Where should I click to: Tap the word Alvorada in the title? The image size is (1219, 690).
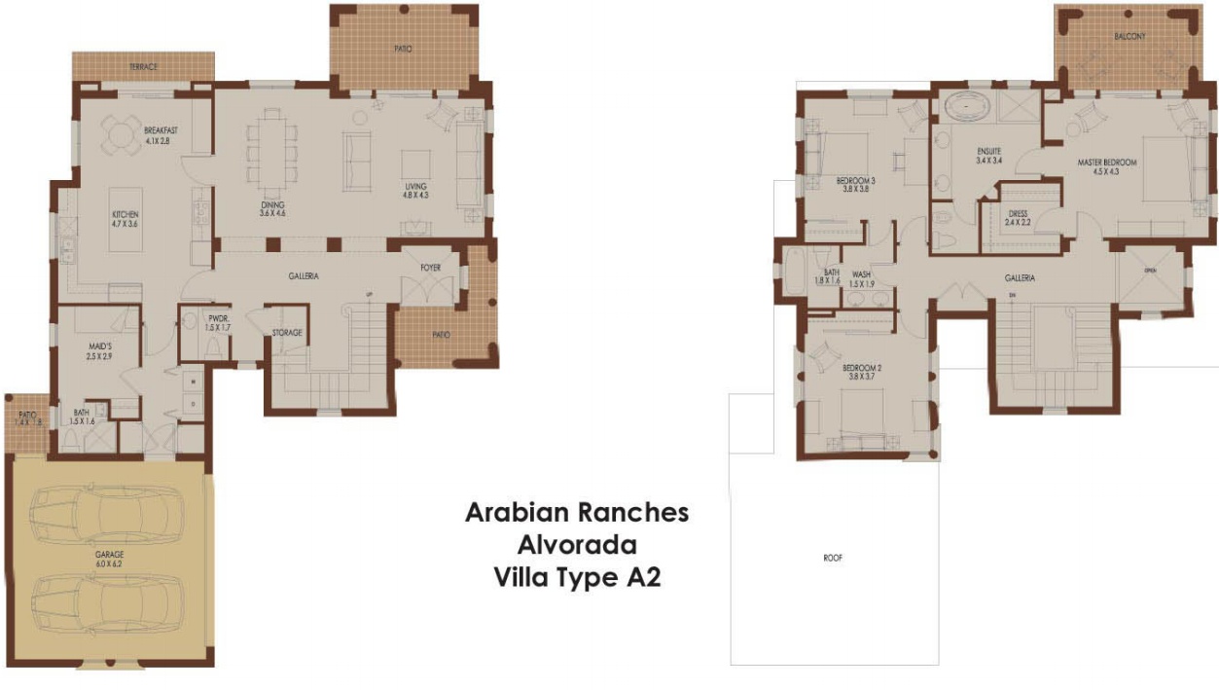(x=576, y=544)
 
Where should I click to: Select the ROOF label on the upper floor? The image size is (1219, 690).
(x=832, y=559)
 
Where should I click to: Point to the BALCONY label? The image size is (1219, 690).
(x=1129, y=37)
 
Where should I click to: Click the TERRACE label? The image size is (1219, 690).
(x=143, y=67)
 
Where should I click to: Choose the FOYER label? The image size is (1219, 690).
(x=431, y=268)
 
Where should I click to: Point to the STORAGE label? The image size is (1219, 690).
(x=287, y=333)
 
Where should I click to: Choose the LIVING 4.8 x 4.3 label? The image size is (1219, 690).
(x=416, y=191)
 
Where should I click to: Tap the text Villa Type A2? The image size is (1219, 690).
(x=577, y=577)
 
